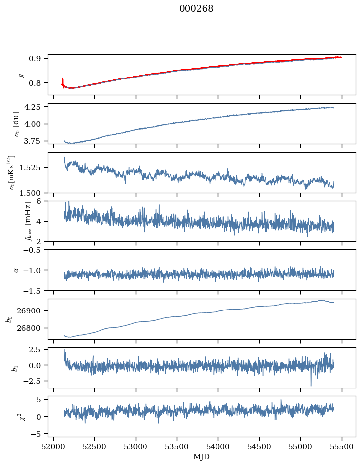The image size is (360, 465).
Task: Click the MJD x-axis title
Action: [x=202, y=457]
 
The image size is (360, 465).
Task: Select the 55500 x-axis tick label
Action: [x=342, y=447]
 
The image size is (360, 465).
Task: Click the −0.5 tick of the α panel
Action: [x=34, y=250]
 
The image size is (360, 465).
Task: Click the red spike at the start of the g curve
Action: [x=62, y=80]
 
